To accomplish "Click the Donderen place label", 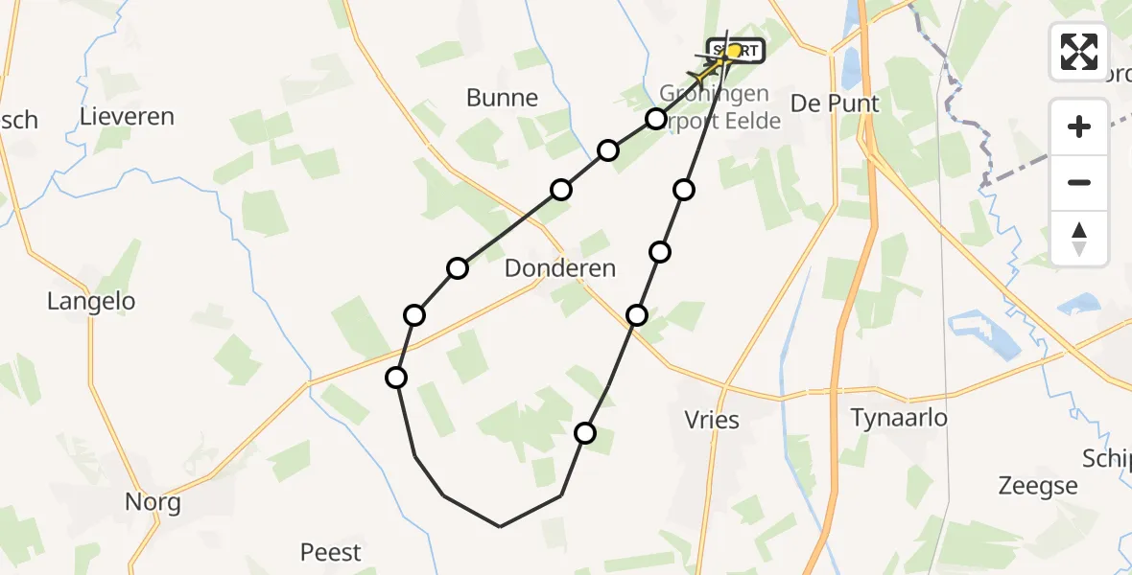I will (x=560, y=268).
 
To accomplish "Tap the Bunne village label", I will (x=502, y=98).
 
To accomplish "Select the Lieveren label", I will (x=128, y=117).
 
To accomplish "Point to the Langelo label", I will (x=91, y=302).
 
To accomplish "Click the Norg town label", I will (x=153, y=502).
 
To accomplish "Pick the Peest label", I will (x=331, y=553).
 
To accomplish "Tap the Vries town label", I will (x=713, y=421).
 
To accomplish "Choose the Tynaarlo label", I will (x=899, y=418).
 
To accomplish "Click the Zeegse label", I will (x=1038, y=487).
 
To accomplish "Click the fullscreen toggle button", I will (x=1079, y=51).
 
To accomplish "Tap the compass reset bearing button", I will (x=1079, y=239).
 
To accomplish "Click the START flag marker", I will (x=736, y=50).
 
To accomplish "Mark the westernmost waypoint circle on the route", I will (x=396, y=378).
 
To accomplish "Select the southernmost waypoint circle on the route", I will (x=585, y=433).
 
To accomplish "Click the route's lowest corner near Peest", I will (x=500, y=526).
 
